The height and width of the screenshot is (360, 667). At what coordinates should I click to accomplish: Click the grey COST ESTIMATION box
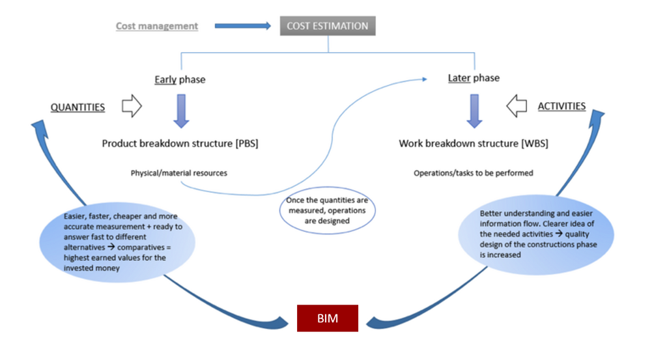(x=328, y=26)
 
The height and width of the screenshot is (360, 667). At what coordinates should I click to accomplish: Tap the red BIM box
(x=328, y=318)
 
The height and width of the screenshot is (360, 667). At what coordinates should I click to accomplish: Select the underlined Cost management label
(x=156, y=26)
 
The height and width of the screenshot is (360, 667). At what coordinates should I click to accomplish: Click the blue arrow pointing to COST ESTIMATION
(x=242, y=26)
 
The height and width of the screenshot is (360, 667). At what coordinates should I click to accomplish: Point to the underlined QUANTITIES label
(x=78, y=107)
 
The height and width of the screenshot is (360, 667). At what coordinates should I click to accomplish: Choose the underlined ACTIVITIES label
(x=561, y=106)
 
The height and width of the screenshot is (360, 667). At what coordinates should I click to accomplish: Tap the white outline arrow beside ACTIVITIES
(x=517, y=106)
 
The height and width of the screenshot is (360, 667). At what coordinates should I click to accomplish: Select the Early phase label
(x=180, y=80)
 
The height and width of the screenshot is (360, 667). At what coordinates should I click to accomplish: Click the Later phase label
(x=474, y=78)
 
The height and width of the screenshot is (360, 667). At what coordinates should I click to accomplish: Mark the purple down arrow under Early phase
(x=180, y=110)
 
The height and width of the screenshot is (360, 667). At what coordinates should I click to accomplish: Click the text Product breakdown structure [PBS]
(x=180, y=143)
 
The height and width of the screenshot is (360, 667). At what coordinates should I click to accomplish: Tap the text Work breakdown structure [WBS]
(x=474, y=143)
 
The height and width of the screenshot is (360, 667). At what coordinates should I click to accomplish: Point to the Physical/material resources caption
(x=179, y=173)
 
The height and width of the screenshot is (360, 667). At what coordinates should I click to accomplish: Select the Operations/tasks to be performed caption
(x=474, y=173)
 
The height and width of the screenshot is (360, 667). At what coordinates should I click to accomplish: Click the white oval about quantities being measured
(x=328, y=211)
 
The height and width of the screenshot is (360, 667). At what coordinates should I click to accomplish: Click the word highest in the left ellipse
(x=78, y=258)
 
